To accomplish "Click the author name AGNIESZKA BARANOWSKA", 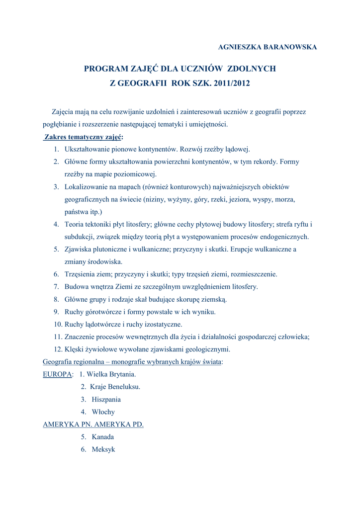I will pyautogui.click(x=268, y=47).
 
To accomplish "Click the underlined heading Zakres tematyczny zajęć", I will pyautogui.click(x=83, y=137).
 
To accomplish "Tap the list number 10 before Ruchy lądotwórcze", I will pyautogui.click(x=58, y=325).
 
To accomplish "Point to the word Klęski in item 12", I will pyautogui.click(x=75, y=349).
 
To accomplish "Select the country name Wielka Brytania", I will pyautogui.click(x=111, y=374).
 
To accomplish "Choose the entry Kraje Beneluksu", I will pyautogui.click(x=115, y=387).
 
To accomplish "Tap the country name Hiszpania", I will pyautogui.click(x=106, y=400).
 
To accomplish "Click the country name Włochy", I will pyautogui.click(x=103, y=412).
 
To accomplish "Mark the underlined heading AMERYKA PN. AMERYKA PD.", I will pyautogui.click(x=93, y=424).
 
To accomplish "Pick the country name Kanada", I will pyautogui.click(x=103, y=437).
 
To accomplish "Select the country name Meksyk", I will pyautogui.click(x=103, y=449).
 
